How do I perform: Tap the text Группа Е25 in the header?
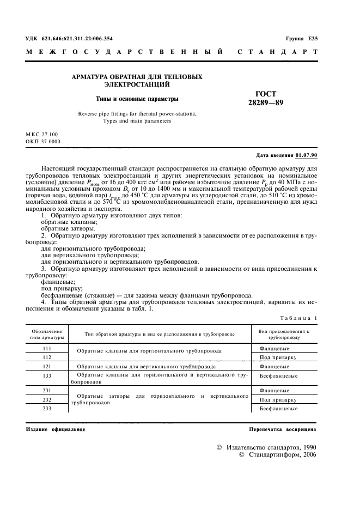point(301,39)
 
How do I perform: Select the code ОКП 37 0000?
point(43,141)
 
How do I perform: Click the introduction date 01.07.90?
point(306,155)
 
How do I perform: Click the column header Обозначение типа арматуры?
point(47,334)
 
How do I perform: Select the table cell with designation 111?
point(47,348)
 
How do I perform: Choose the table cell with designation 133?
point(47,376)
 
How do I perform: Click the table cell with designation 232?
point(47,399)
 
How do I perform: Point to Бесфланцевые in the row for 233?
point(278,408)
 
